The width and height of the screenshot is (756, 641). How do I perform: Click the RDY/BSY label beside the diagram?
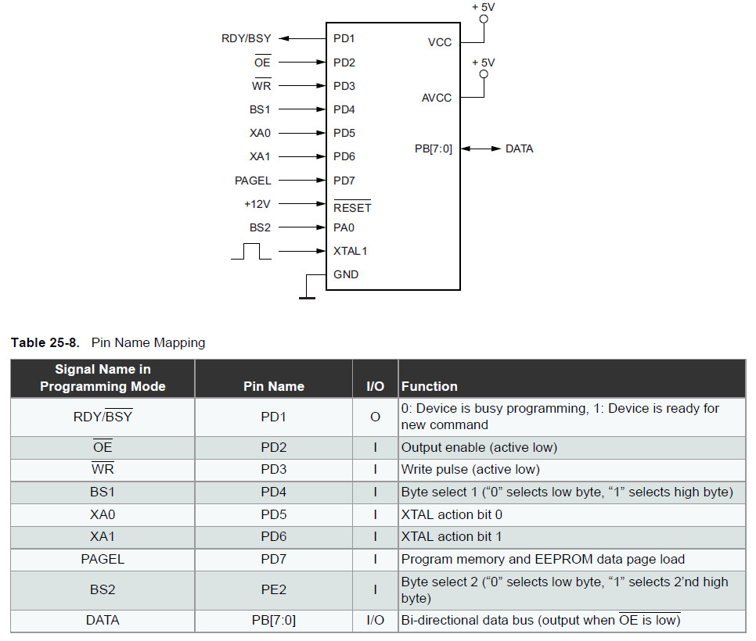(246, 38)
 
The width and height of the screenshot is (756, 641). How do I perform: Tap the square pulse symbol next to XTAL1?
(251, 252)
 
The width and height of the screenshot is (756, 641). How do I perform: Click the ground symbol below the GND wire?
(307, 298)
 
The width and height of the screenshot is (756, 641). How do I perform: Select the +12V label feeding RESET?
(257, 204)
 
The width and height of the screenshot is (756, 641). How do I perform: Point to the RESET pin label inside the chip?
(352, 207)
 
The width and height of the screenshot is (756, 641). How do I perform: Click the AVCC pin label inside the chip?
(437, 98)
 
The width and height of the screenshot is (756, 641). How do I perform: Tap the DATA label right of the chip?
(520, 149)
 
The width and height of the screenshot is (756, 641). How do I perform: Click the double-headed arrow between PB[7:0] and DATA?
(481, 149)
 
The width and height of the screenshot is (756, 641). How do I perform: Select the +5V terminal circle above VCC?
(484, 19)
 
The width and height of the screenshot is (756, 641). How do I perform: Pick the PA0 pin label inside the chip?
(344, 227)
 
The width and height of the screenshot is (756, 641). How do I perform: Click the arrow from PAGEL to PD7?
(302, 180)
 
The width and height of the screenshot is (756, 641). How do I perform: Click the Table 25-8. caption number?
(45, 342)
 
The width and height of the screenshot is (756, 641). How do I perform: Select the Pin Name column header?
(274, 386)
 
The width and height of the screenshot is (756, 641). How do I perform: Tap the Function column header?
(429, 386)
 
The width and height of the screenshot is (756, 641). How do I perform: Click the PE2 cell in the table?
(274, 589)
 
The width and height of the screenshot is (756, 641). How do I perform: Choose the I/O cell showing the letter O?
(375, 417)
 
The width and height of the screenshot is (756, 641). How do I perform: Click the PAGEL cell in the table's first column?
(103, 559)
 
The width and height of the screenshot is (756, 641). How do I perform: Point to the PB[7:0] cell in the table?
(274, 621)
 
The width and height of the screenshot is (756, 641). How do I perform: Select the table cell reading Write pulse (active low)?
(470, 470)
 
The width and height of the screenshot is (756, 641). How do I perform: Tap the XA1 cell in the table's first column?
(103, 536)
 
